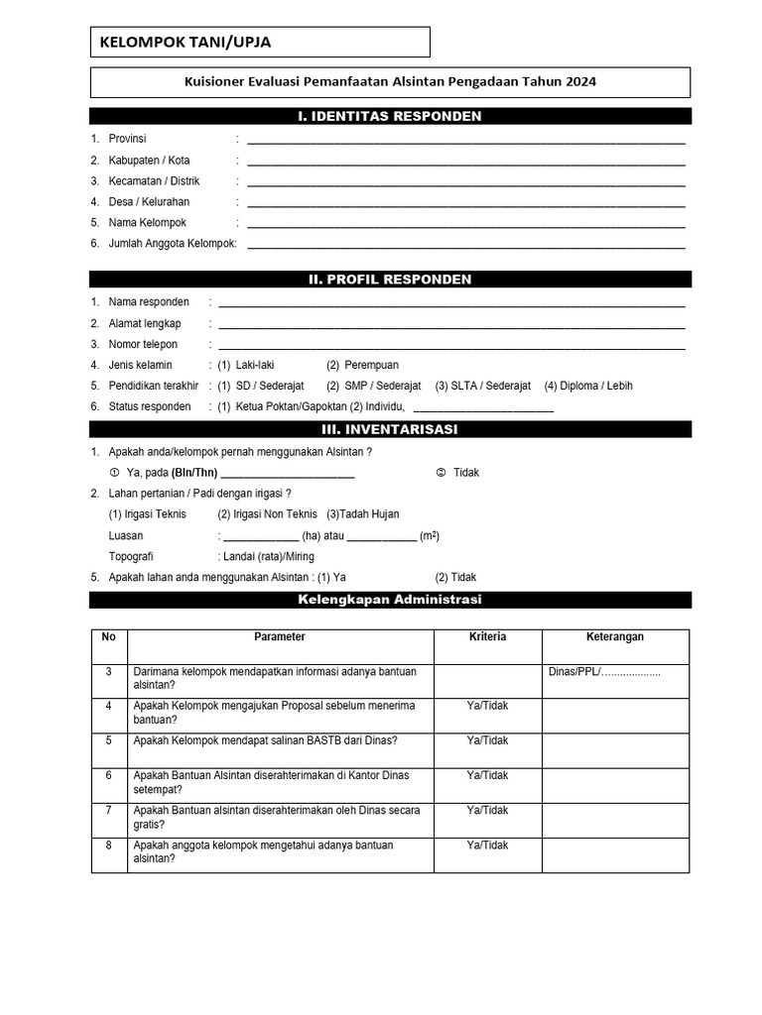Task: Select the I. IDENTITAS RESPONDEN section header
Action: coord(390,117)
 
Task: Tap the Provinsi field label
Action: coord(127,139)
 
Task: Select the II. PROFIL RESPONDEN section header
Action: coord(390,280)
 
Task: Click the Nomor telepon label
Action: coord(143,344)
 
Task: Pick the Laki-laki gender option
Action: coord(254,365)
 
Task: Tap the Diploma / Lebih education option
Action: coord(595,386)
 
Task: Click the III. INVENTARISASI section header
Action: coord(390,429)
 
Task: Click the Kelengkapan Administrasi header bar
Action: coord(390,600)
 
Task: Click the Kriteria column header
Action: coord(487,636)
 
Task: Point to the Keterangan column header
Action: coord(615,636)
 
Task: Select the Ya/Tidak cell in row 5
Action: coord(487,740)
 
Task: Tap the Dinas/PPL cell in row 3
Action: coord(604,672)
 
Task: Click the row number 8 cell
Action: coord(109,846)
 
